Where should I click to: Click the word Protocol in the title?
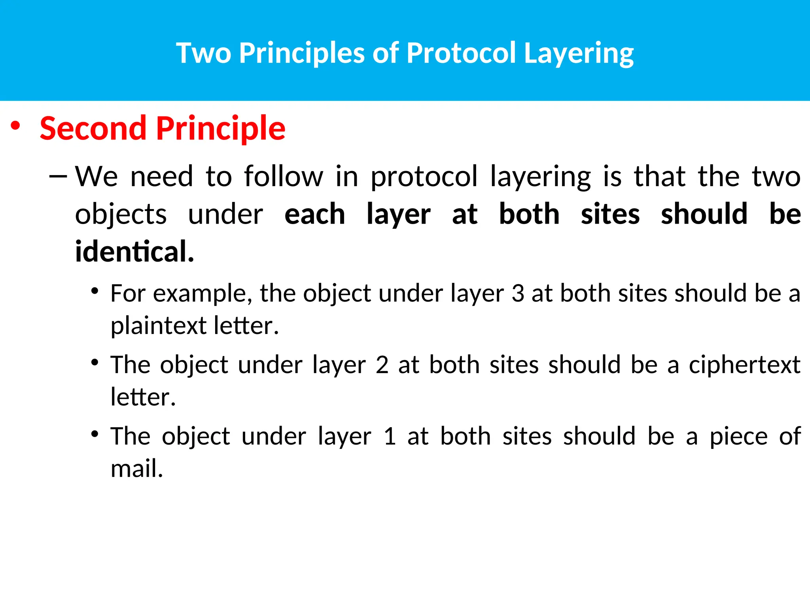click(461, 53)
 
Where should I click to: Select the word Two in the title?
click(203, 53)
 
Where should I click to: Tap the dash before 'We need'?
click(58, 176)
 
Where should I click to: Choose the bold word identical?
click(134, 251)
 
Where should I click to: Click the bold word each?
click(315, 214)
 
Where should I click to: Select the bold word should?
click(704, 214)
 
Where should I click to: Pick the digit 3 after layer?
click(518, 294)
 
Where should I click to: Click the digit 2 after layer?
click(382, 364)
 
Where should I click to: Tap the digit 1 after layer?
click(390, 436)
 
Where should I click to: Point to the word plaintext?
click(158, 326)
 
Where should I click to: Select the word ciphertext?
click(744, 364)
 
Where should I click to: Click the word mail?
click(136, 469)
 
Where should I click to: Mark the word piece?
click(738, 436)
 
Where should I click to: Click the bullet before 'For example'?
click(94, 291)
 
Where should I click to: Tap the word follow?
click(284, 176)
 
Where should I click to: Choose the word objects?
click(121, 214)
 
